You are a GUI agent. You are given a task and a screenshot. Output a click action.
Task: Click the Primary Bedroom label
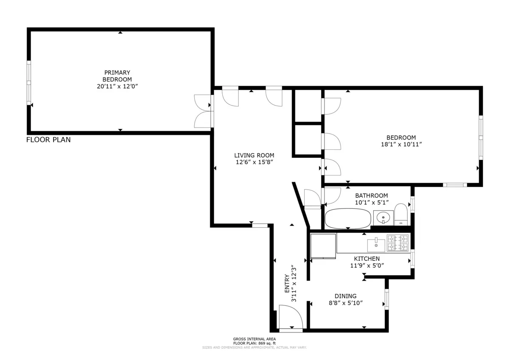point(117,76)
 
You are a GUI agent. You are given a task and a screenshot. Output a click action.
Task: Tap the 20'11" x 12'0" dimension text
point(117,86)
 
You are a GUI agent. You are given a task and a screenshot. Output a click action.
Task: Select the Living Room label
point(255,155)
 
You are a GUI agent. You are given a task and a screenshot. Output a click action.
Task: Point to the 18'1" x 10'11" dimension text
point(401,144)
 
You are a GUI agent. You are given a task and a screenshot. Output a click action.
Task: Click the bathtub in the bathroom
point(348,218)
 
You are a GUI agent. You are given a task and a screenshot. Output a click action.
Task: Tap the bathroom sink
point(383,218)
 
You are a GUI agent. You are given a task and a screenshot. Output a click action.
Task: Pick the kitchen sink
point(376,244)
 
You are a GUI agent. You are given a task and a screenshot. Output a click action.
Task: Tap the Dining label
point(345,296)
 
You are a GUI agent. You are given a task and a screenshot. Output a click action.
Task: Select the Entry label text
point(287,285)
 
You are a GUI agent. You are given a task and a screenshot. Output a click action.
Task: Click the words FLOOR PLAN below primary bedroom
point(48,140)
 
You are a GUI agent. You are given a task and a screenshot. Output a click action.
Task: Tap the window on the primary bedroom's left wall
point(29,83)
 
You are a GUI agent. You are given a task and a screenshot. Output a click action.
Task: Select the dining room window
point(386,299)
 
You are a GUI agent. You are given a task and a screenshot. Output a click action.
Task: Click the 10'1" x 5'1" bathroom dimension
point(372,202)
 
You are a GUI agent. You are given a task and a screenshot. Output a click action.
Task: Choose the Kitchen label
point(367,259)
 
